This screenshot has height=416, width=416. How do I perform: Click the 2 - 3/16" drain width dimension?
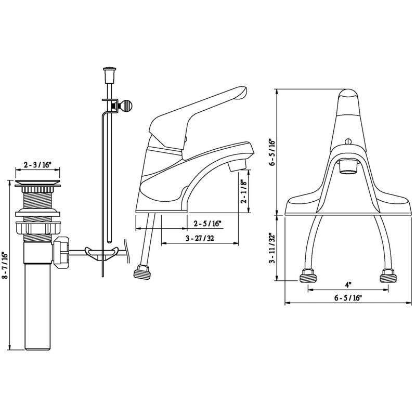[x=37, y=165]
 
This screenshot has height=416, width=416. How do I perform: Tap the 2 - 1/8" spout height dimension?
[x=243, y=193]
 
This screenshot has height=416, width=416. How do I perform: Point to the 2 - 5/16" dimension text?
[x=207, y=224]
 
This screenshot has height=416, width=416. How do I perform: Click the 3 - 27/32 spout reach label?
[x=200, y=238]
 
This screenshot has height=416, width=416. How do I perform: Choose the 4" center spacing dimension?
[x=347, y=284]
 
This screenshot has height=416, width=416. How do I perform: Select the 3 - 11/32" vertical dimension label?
[x=271, y=249]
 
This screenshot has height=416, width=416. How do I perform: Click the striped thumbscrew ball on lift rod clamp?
[x=127, y=106]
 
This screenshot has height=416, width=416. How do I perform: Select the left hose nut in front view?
[x=307, y=276]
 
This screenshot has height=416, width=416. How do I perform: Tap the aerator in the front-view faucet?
[x=347, y=167]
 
